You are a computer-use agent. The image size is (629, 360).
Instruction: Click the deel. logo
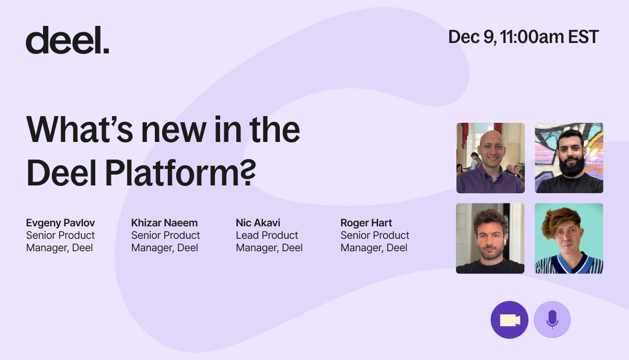click(x=67, y=40)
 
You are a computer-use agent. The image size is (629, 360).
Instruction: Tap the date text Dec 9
click(x=471, y=37)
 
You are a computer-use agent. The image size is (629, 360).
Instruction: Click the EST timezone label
click(x=583, y=37)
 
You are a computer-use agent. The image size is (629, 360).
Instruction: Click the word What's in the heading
click(x=79, y=129)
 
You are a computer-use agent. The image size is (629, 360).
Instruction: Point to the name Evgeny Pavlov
click(x=61, y=223)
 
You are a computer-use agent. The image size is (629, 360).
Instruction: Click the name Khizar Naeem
click(x=164, y=223)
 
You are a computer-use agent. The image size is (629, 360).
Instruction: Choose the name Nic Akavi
click(x=258, y=223)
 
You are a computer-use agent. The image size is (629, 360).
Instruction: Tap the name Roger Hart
click(x=366, y=223)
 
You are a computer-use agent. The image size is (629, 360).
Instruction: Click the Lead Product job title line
click(x=267, y=235)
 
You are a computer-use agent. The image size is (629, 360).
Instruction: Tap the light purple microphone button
click(x=552, y=320)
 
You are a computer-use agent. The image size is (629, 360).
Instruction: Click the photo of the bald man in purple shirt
click(x=490, y=158)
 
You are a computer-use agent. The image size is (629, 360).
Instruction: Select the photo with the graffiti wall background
click(x=569, y=158)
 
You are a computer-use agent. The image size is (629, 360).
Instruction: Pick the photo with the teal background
click(x=569, y=238)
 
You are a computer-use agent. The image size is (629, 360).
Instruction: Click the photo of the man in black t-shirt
click(x=490, y=238)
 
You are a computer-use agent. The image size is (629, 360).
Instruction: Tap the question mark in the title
click(x=248, y=172)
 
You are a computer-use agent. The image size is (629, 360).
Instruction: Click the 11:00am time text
click(x=532, y=37)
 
